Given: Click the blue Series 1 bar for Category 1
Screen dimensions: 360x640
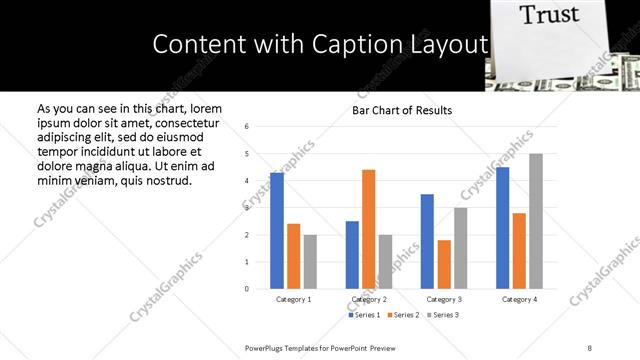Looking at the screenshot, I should pos(277,231).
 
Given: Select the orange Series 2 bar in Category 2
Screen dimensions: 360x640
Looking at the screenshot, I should pos(368,229).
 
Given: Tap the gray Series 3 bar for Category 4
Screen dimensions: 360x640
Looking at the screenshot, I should pos(536,221).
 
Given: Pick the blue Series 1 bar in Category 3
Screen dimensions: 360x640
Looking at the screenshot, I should pos(427,241).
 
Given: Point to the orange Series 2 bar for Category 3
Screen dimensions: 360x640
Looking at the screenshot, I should pos(444,264).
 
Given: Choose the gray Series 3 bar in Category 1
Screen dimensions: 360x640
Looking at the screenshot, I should pos(310,262).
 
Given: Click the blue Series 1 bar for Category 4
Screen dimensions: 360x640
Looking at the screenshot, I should pos(503,228).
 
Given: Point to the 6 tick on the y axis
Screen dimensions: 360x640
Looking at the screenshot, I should pos(247,127).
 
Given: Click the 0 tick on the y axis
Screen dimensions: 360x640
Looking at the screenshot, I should pos(247,289).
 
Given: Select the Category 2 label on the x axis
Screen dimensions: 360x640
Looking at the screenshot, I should pos(368,299).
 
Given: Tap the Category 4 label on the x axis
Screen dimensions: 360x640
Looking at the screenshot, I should pos(519,299).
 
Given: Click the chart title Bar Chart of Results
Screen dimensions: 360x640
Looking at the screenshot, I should pos(402,110).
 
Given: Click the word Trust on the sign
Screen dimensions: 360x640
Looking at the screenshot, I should pos(549,15).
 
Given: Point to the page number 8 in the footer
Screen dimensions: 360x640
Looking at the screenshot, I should pos(590,347).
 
